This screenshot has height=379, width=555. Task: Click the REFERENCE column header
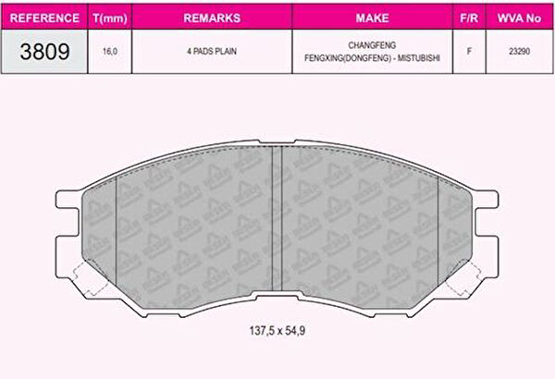pos(44,18)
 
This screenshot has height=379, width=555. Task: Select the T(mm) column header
pos(110,18)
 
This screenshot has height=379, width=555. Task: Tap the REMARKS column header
pos(212,18)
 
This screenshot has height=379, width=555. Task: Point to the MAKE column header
pos(372,18)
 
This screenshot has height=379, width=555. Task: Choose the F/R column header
pos(469,18)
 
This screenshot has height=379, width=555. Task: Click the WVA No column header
pos(519,18)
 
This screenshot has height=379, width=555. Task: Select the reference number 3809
pos(44,52)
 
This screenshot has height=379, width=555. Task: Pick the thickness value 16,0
pos(110,52)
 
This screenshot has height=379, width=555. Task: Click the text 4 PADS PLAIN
pos(212,52)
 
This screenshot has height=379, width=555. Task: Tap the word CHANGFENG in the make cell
pos(372,45)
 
